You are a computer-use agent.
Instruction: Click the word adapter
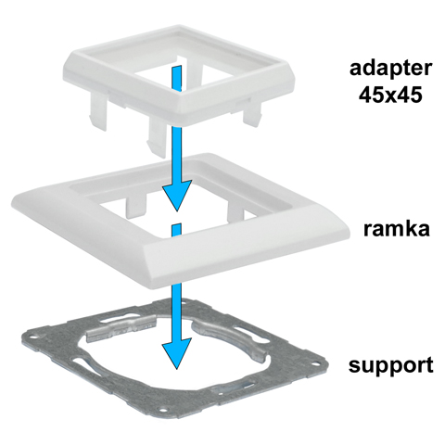(x=390, y=70)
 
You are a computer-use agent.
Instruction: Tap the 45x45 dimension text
(x=390, y=95)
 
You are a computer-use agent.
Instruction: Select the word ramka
(x=397, y=229)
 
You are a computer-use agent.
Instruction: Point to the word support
(x=391, y=366)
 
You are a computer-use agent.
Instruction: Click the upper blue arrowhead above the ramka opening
(x=177, y=194)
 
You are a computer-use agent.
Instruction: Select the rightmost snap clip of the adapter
(x=252, y=114)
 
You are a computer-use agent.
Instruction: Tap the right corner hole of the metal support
(x=318, y=362)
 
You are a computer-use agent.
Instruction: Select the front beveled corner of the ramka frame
(x=154, y=272)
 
